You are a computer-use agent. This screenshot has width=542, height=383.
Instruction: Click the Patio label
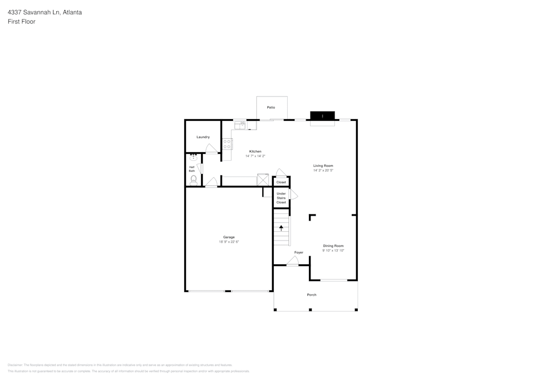point(271,107)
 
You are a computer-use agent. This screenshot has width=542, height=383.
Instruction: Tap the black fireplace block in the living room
point(322,115)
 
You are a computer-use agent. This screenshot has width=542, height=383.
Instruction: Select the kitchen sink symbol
point(240,125)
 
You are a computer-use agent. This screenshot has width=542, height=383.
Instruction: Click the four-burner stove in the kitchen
point(227,144)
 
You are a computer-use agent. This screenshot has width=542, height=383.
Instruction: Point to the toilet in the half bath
point(193,179)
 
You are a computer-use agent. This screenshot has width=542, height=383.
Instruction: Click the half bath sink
point(193,157)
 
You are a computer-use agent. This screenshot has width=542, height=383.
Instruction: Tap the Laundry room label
point(203,137)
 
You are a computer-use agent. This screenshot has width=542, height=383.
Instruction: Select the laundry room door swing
point(212,149)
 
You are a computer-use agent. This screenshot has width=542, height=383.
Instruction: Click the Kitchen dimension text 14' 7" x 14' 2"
point(255,156)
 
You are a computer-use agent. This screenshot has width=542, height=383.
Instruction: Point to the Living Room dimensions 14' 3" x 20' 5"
point(323,170)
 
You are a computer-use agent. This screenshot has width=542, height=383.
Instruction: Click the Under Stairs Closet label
point(281,198)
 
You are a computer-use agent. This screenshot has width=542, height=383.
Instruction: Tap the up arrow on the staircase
point(281,228)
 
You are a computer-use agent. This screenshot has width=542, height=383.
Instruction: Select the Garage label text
point(229,237)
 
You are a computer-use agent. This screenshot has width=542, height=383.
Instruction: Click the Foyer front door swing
point(293,262)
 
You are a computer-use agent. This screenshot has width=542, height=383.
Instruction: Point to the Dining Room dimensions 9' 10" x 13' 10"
point(333,250)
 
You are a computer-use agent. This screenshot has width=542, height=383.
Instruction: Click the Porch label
point(312,295)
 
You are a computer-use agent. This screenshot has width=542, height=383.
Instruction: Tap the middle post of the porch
point(310,310)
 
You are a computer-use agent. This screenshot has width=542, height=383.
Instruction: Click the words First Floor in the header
point(21,22)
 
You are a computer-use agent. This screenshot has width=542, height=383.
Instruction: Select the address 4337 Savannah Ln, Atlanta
point(44,12)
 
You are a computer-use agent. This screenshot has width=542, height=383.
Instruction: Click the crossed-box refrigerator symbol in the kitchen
point(263,179)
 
